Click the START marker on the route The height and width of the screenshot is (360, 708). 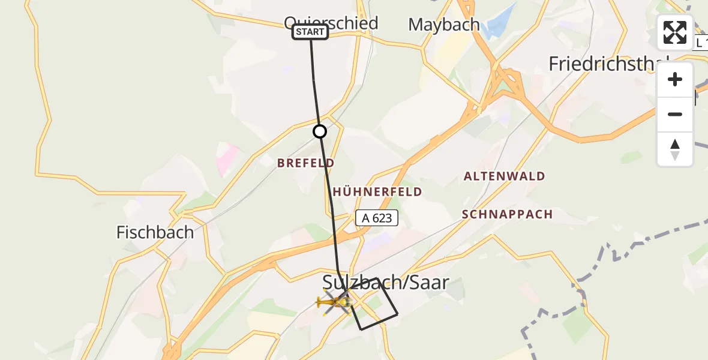pyautogui.click(x=310, y=32)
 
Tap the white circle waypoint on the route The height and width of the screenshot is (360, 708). pyautogui.click(x=320, y=131)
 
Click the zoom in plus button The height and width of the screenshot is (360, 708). pyautogui.click(x=675, y=80)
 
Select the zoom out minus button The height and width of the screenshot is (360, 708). pyautogui.click(x=675, y=114)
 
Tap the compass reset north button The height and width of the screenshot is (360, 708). pyautogui.click(x=675, y=149)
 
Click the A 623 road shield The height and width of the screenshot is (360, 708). pyautogui.click(x=377, y=218)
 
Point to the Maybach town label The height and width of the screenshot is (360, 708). pyautogui.click(x=443, y=25)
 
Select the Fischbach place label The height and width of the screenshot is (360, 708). pyautogui.click(x=155, y=232)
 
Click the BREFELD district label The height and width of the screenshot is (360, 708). pyautogui.click(x=305, y=163)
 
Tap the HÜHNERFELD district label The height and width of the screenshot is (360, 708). pyautogui.click(x=377, y=192)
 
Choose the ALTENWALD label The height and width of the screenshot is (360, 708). pyautogui.click(x=504, y=176)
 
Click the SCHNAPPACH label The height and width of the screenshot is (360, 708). pyautogui.click(x=508, y=214)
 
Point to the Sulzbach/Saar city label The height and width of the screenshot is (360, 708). pyautogui.click(x=385, y=282)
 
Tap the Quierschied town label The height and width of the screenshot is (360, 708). pyautogui.click(x=331, y=23)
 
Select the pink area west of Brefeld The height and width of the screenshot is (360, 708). pyautogui.click(x=227, y=158)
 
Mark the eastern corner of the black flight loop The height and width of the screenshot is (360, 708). pyautogui.click(x=397, y=314)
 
